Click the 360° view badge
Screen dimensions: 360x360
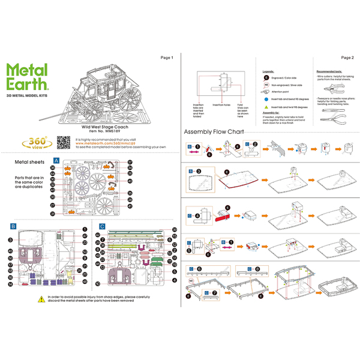(x=35, y=142)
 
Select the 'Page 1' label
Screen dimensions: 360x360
(x=166, y=58)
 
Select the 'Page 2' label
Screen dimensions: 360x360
(x=347, y=58)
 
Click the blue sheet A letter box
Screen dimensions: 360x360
(x=56, y=161)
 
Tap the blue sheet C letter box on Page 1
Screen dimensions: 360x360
(x=102, y=226)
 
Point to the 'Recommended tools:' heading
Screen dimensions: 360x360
(x=329, y=71)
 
